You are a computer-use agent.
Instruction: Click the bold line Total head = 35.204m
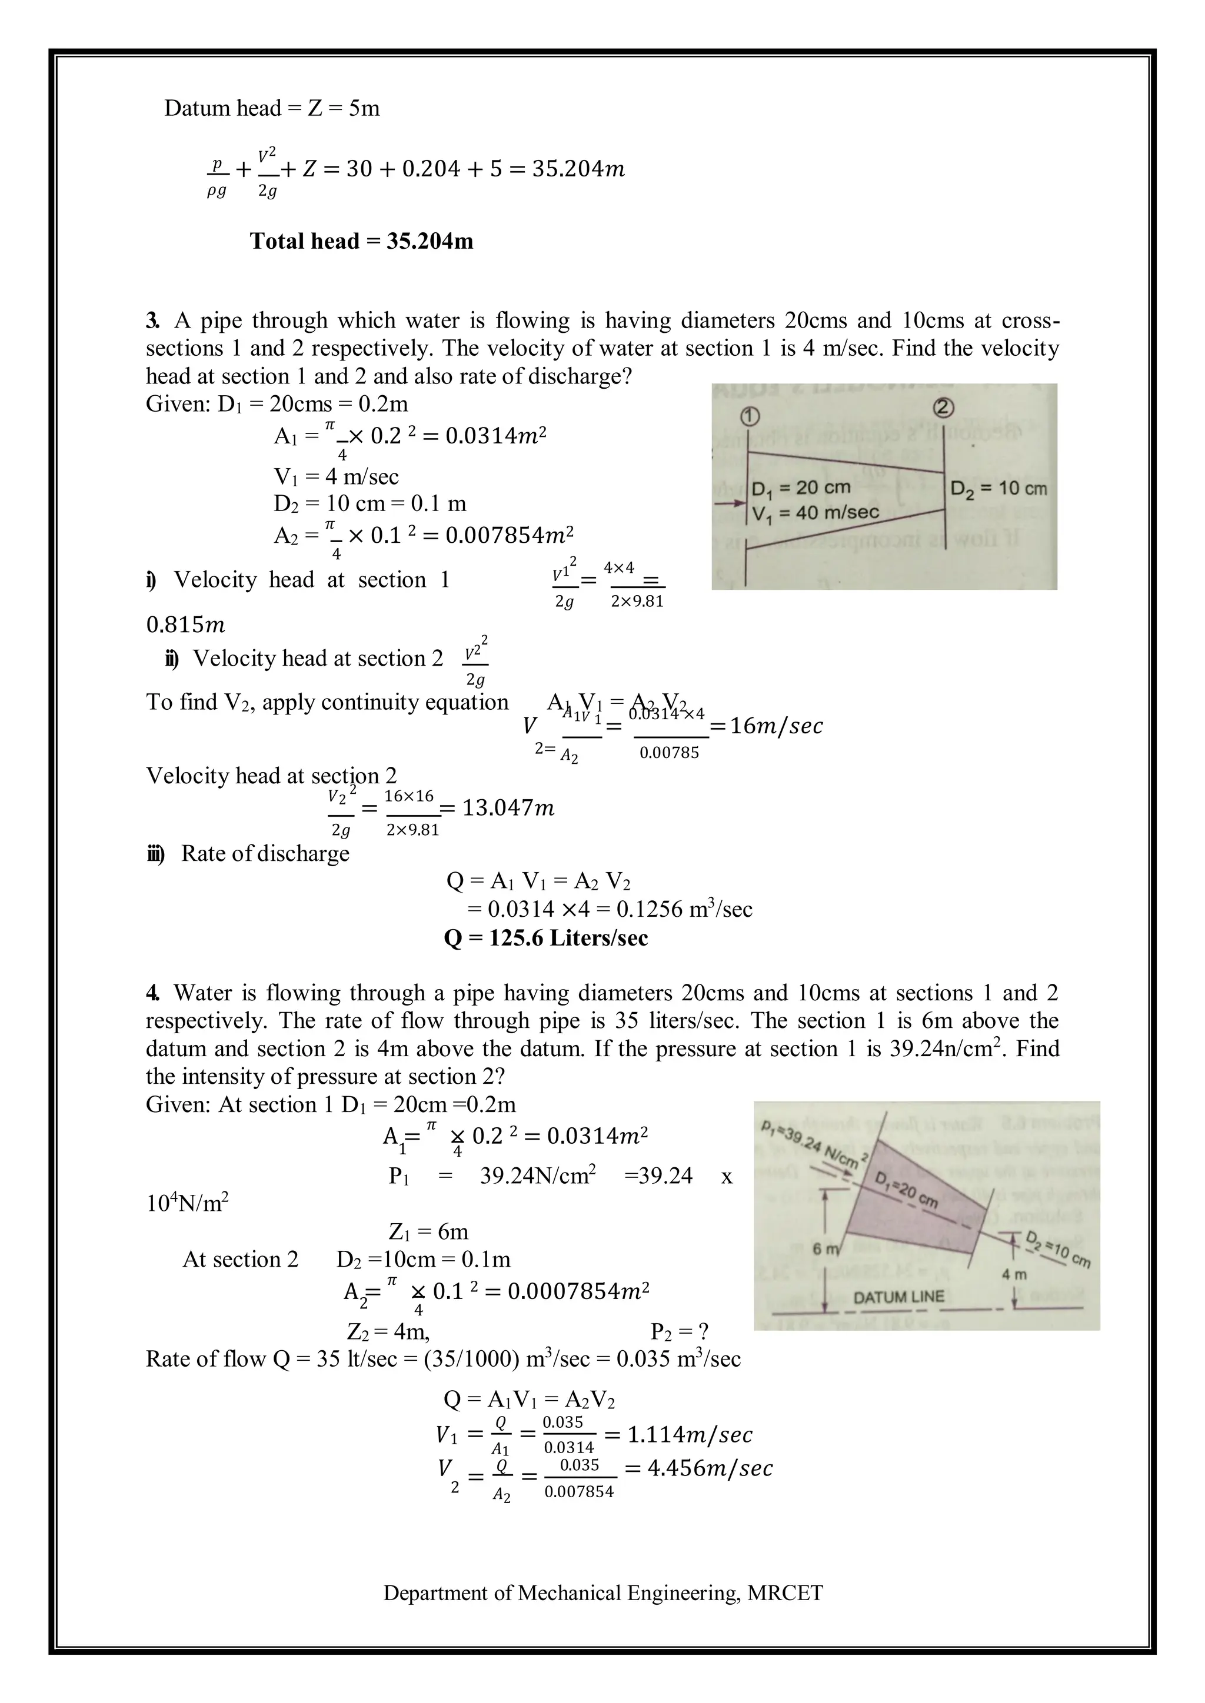click(x=361, y=241)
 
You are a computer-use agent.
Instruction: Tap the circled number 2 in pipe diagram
click(x=944, y=407)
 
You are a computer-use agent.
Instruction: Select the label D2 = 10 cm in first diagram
click(x=998, y=488)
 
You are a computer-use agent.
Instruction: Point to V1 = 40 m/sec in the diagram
click(x=815, y=513)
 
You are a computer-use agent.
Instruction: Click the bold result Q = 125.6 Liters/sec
click(x=545, y=939)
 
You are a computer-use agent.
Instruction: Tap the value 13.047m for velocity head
click(x=508, y=808)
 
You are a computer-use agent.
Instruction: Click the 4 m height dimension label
click(x=1014, y=1275)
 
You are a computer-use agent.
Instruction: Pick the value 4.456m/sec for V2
click(x=710, y=1468)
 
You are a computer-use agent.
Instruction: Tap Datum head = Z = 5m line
click(x=272, y=108)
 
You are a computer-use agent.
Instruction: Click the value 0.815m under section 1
click(x=185, y=625)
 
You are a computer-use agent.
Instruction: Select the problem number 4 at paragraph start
click(x=152, y=993)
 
